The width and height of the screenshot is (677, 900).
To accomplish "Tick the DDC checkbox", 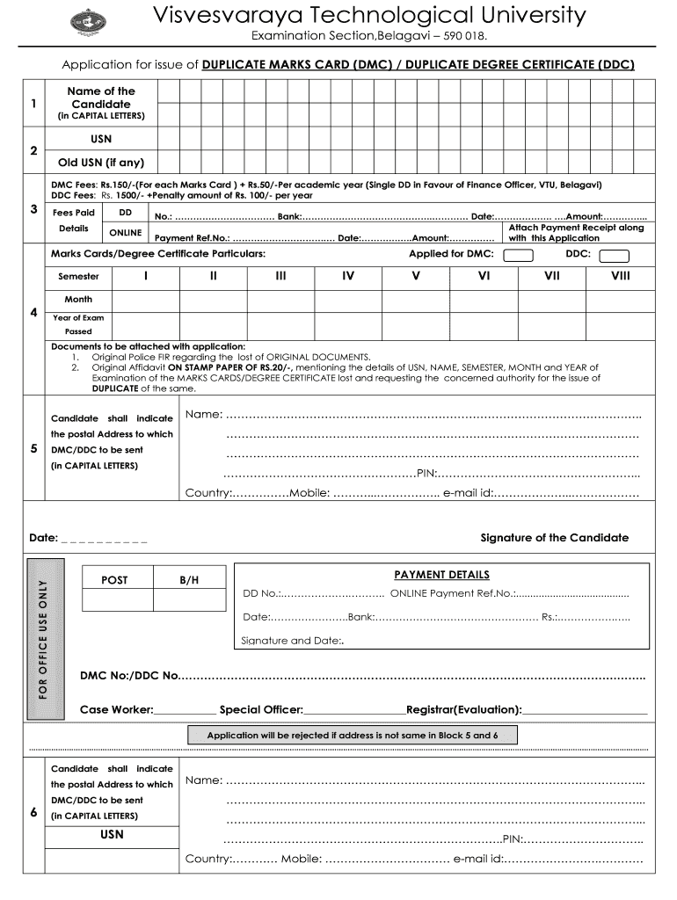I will coord(614,256).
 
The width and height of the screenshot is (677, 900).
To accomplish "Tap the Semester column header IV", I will coord(348,276).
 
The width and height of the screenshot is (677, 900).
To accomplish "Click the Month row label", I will coord(78,300).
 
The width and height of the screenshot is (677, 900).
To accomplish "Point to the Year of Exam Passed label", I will coord(78,324).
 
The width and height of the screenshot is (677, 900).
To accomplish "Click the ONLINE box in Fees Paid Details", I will coord(125,233).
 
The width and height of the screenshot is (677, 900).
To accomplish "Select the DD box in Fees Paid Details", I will coord(125,213).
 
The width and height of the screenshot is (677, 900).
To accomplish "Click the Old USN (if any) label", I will coord(101,163).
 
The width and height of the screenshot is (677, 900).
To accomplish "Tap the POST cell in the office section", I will coord(114,580).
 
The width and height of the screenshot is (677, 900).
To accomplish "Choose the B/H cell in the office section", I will coord(189,580).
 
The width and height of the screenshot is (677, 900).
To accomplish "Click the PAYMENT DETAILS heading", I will coord(441,575).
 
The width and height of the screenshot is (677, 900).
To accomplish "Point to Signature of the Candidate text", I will coord(554,538).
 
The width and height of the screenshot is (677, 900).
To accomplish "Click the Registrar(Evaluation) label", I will coord(464,709).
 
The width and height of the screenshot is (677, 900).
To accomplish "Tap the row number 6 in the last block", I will coord(33,812).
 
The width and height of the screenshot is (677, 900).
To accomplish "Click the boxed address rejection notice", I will coord(353,735).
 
